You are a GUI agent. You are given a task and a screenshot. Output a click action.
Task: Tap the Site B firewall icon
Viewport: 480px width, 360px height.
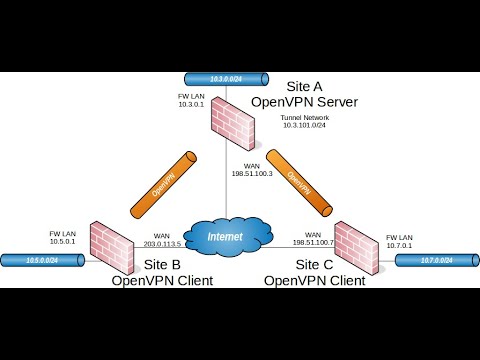pos(111,244)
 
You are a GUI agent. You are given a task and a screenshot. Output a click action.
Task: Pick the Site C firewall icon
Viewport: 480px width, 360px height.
pos(358,246)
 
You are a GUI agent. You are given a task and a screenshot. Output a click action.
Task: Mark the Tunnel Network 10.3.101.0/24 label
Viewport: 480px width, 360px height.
pos(308,122)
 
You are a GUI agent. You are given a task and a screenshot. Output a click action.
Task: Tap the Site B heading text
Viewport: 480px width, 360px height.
pos(161,264)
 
